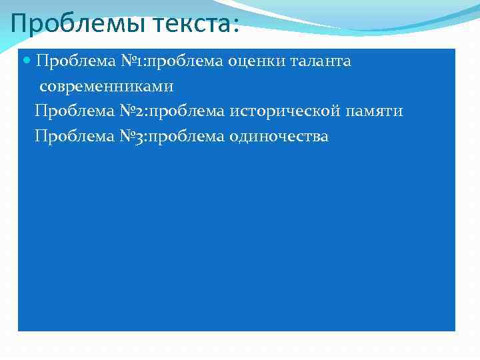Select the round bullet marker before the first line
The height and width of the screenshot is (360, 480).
pos(27,61)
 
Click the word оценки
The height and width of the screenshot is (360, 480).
pos(255,62)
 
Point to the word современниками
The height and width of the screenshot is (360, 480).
pos(106,87)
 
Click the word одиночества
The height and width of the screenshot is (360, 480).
pos(279,137)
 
